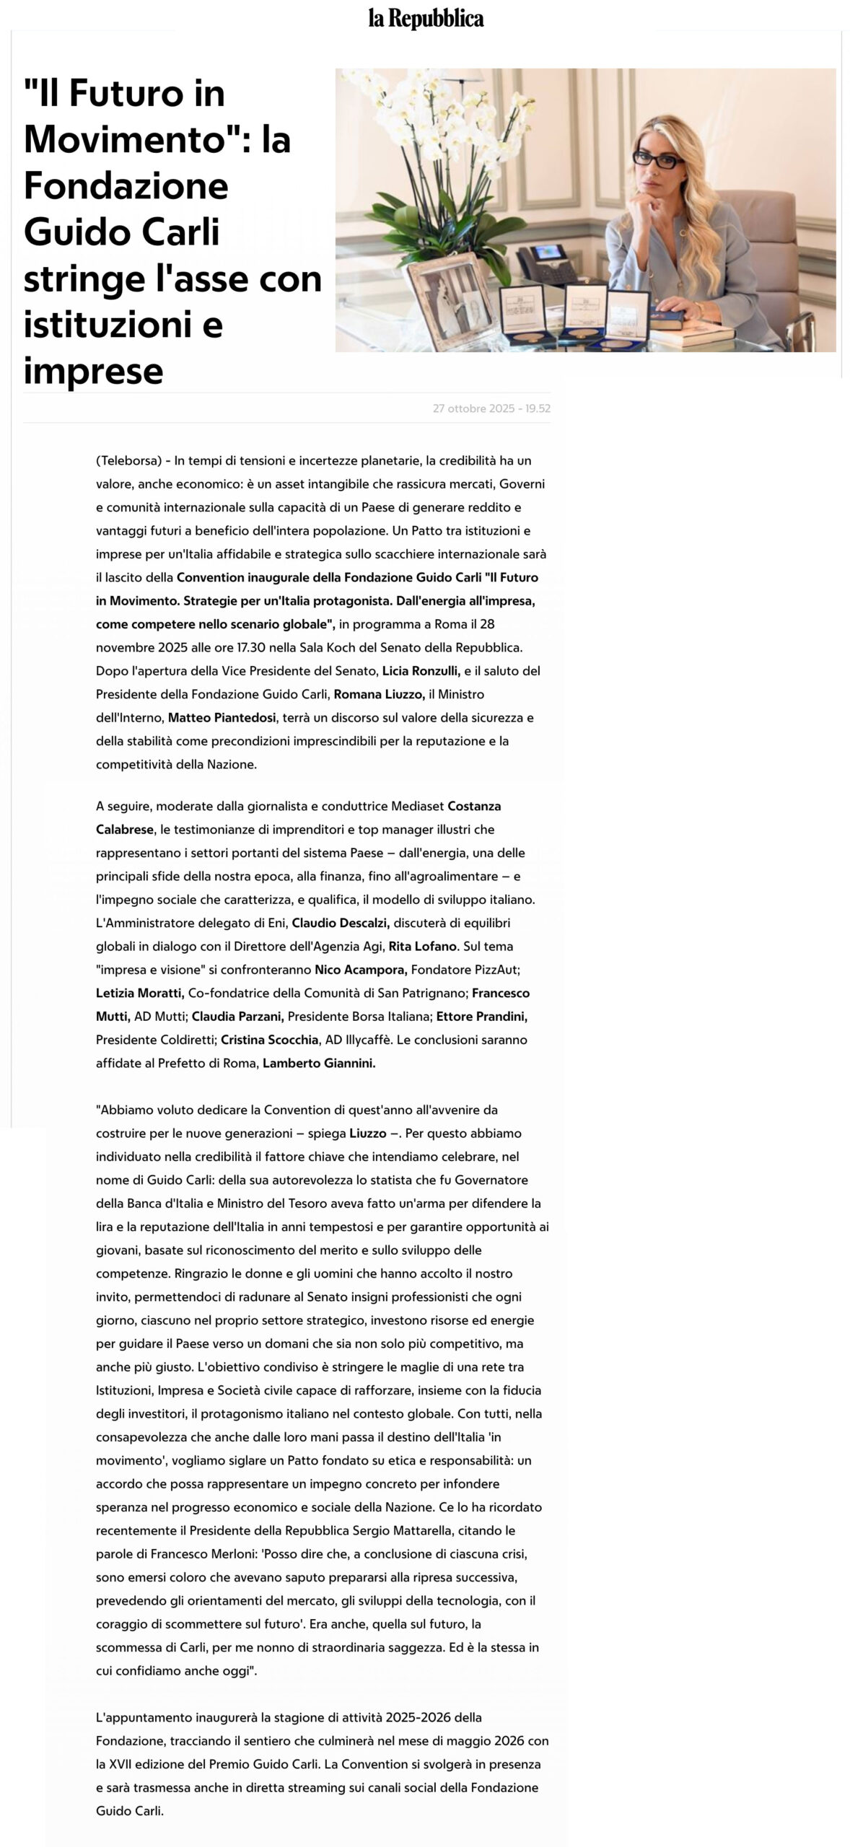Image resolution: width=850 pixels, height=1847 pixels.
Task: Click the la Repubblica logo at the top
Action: point(426,18)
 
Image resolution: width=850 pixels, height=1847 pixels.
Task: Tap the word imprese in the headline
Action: point(93,371)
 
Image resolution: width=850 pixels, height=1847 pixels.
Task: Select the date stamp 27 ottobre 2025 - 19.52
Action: point(491,408)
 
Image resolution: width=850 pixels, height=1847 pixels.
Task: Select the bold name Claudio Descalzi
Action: point(341,923)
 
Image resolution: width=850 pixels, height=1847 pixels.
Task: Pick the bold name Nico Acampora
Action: point(362,970)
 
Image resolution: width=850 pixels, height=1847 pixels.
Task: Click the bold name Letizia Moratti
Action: point(140,993)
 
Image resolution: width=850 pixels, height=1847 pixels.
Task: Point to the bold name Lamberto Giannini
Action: point(319,1063)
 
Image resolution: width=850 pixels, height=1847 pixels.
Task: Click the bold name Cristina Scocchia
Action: point(269,1040)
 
